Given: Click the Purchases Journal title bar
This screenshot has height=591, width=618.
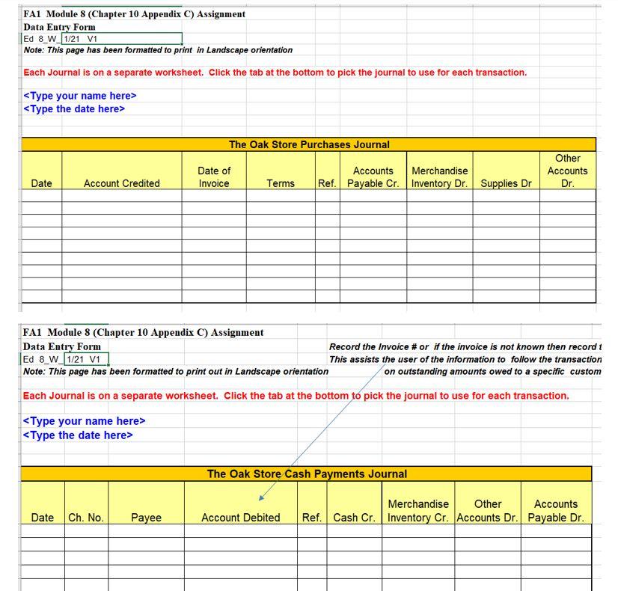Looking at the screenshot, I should (x=308, y=144).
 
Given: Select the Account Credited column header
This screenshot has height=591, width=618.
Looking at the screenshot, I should (x=121, y=183).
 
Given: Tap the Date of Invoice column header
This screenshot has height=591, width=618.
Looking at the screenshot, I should (x=214, y=177).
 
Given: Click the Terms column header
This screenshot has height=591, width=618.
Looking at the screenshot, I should (x=281, y=183).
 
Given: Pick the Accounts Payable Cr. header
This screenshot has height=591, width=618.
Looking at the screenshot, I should (x=373, y=177).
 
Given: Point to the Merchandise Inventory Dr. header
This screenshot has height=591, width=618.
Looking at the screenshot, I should (x=440, y=177).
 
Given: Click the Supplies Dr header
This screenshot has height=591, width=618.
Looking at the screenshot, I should (x=506, y=183).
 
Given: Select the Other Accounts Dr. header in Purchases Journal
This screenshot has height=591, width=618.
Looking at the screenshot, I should (x=567, y=171).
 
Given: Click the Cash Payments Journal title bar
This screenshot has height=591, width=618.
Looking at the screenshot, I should (x=307, y=474).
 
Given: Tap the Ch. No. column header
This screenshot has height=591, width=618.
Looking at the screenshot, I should (x=86, y=518).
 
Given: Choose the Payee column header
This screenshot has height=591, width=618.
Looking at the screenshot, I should (x=146, y=518).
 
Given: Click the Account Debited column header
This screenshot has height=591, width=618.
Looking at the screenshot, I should (x=240, y=518).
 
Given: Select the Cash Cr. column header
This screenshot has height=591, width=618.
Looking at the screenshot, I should (x=354, y=518).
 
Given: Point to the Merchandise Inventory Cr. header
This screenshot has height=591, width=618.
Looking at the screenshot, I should (x=418, y=511).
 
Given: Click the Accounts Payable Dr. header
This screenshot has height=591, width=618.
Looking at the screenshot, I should (x=555, y=511).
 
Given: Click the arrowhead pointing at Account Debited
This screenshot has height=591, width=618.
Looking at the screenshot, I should (x=261, y=497).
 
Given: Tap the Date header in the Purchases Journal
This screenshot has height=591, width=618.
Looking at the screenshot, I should (x=42, y=183).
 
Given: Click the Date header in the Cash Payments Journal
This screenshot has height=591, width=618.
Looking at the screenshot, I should (x=43, y=518).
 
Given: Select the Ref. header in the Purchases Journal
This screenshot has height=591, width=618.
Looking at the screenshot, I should (x=327, y=183).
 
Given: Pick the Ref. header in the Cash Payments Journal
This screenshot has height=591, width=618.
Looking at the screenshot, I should (x=311, y=518).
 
